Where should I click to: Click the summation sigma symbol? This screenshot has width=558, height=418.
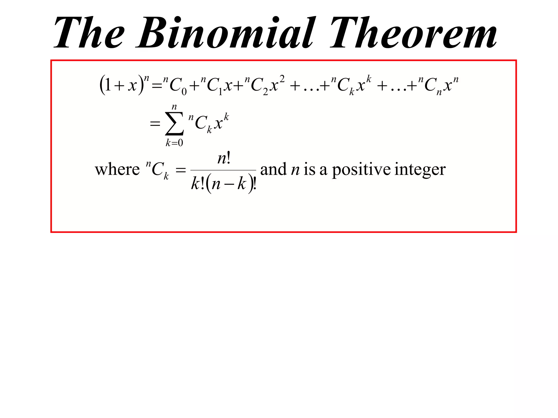pyautogui.click(x=174, y=124)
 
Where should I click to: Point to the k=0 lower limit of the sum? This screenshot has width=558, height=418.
pyautogui.click(x=174, y=143)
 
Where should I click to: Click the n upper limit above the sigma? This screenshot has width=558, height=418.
pyautogui.click(x=174, y=107)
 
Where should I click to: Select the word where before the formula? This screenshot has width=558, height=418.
pyautogui.click(x=117, y=170)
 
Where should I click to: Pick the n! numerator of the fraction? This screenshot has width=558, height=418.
pyautogui.click(x=224, y=158)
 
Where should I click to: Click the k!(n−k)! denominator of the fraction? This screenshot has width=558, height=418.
pyautogui.click(x=223, y=184)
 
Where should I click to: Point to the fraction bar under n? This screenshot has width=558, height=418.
pyautogui.click(x=223, y=170)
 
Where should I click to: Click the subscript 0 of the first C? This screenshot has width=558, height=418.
pyautogui.click(x=184, y=92)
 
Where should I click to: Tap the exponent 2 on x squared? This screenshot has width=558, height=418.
pyautogui.click(x=282, y=79)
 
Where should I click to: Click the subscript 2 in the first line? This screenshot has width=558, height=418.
pyautogui.click(x=265, y=92)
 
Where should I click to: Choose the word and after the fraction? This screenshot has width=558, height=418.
pyautogui.click(x=273, y=169)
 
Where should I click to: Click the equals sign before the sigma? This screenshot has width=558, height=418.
pyautogui.click(x=155, y=124)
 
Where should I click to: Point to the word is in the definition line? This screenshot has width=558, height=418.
pyautogui.click(x=310, y=169)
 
